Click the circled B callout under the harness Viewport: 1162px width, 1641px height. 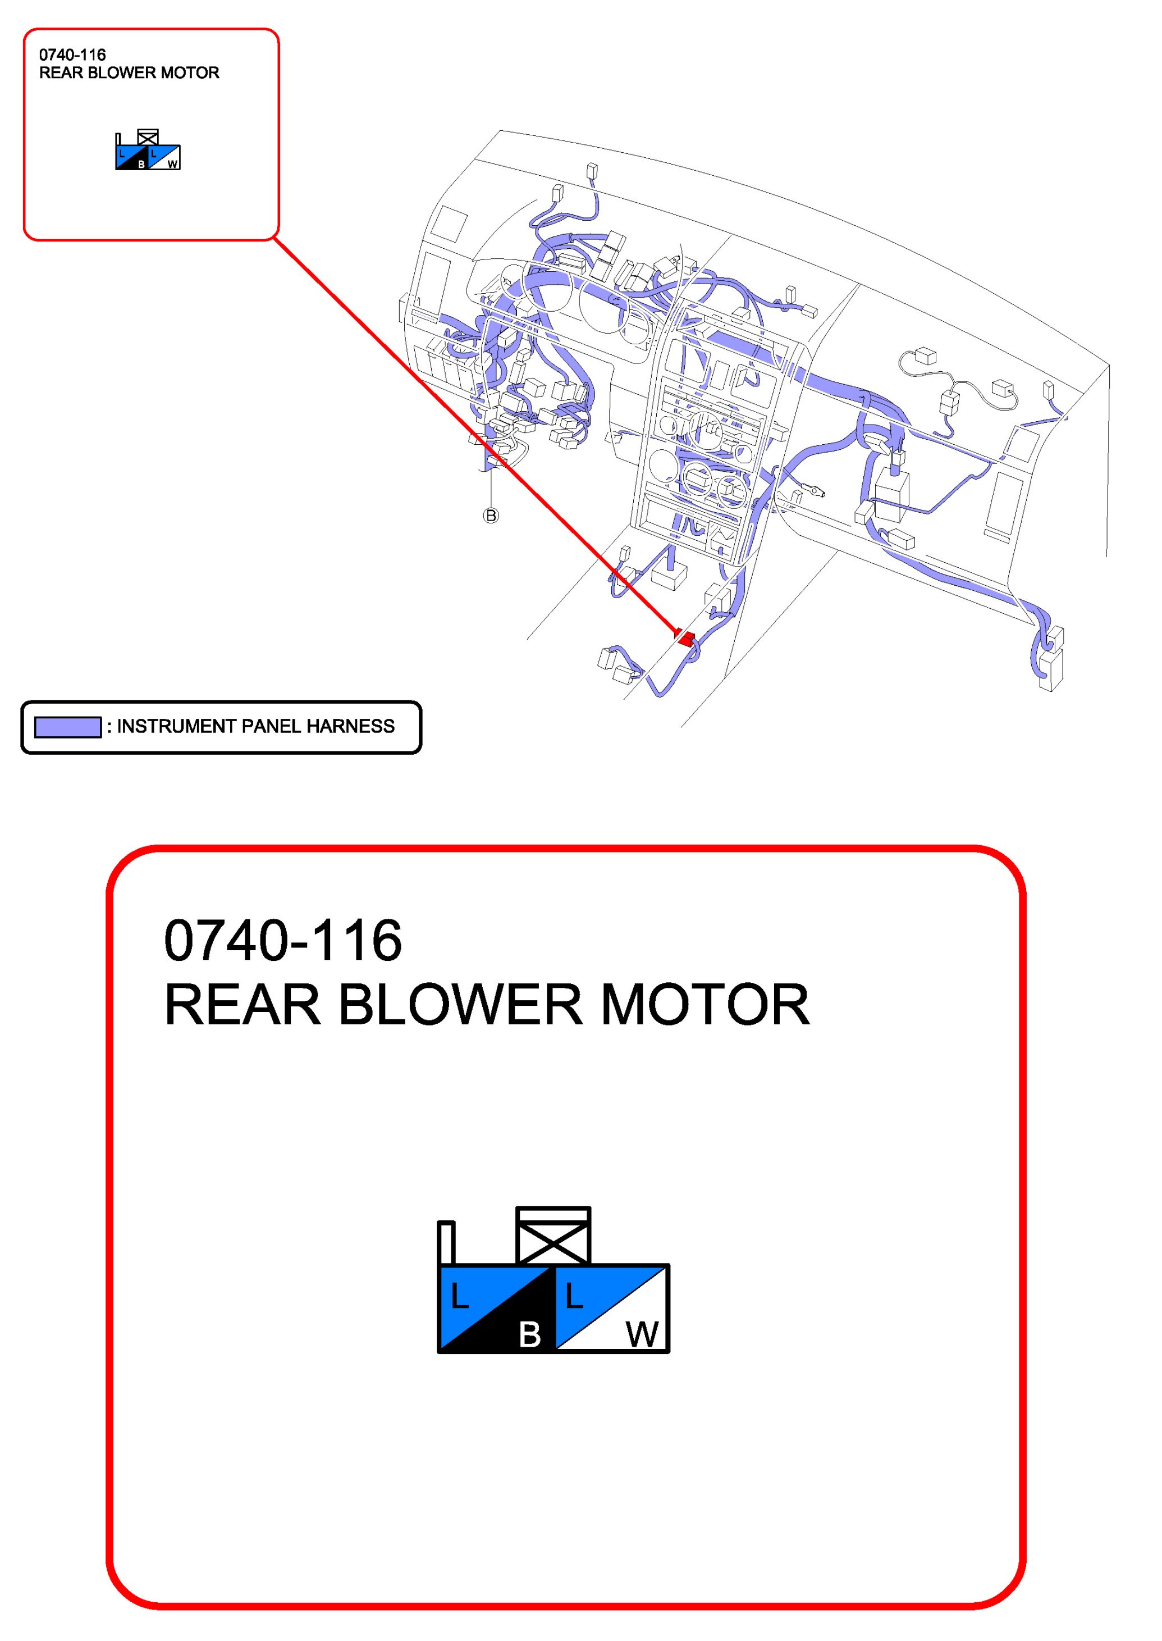[x=491, y=516]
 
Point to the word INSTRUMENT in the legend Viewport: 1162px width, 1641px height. [x=172, y=726]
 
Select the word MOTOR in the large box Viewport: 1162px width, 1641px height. [x=705, y=1005]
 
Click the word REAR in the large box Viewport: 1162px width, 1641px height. [x=243, y=1005]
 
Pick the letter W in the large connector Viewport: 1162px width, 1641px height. [x=642, y=1334]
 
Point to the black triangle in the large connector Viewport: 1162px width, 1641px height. [x=515, y=1324]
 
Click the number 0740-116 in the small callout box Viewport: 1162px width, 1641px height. [x=72, y=55]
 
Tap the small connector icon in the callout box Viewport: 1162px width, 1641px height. [x=148, y=151]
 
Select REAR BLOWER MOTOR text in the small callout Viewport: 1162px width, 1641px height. [x=129, y=73]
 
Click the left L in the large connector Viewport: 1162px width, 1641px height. [x=459, y=1297]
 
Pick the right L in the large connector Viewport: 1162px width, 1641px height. [x=574, y=1297]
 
